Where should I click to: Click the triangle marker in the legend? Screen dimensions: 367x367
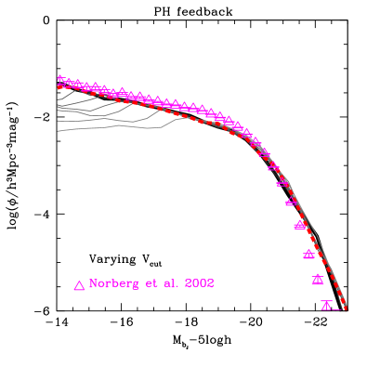coord(79,285)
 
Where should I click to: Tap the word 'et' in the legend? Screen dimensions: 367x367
coord(153,283)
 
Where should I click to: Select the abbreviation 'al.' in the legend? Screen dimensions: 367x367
coord(172,283)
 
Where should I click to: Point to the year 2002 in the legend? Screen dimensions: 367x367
coord(199,283)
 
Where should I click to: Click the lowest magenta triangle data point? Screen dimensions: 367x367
coord(326,305)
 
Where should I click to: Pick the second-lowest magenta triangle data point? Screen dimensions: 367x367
coord(318,280)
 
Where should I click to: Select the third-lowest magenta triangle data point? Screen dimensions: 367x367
coord(308,255)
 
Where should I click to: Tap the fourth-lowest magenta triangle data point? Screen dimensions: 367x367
coord(299,225)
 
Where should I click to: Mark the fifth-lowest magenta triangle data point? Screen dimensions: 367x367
coord(291,201)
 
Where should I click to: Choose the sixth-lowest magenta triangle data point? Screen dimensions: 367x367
coord(282,182)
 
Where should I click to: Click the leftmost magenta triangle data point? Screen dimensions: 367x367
coord(60,80)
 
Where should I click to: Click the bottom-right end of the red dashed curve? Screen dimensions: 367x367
coord(345,308)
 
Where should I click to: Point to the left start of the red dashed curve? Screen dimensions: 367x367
coord(59,86)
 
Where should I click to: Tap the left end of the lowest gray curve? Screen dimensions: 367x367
coord(58,131)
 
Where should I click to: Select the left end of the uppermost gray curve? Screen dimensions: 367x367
coord(58,98)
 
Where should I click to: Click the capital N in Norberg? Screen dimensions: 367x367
coord(94,283)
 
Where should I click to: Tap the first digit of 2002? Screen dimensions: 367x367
coord(187,283)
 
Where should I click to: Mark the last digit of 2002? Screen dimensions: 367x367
coord(210,283)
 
